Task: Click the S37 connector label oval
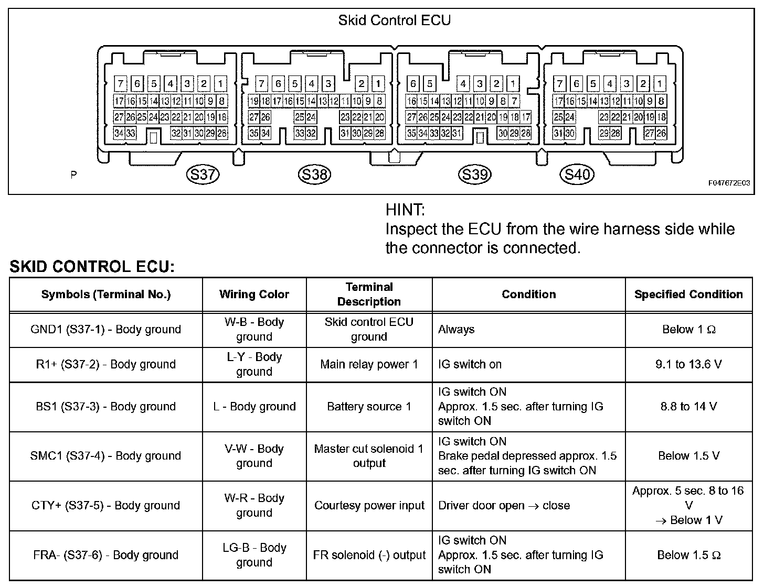coord(203,175)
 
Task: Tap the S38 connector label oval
coord(315,175)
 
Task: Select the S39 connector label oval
coord(474,175)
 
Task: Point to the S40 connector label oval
coord(577,175)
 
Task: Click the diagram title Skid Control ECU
coord(394,20)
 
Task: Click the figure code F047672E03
coord(729,183)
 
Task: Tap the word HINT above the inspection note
coord(405,210)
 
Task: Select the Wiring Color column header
coord(254,295)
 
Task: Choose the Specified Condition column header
coord(688,295)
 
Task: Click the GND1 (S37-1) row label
coord(105,330)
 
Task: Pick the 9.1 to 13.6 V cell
coord(688,364)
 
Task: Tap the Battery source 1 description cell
coord(369,407)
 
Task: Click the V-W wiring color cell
coord(254,456)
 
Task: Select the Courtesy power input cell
coord(369,506)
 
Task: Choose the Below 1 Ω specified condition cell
coord(688,330)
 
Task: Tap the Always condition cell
coord(456,330)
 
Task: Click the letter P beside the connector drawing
coord(73,175)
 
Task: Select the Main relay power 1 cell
coord(369,364)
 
